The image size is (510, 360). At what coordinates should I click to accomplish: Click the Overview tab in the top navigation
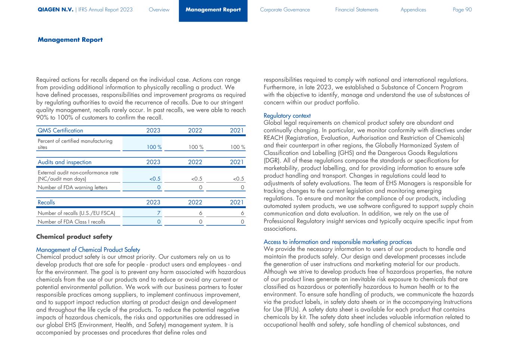pos(159,10)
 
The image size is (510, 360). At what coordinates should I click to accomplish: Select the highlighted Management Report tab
pos(213,10)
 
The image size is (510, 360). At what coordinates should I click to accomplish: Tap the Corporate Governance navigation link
pos(285,10)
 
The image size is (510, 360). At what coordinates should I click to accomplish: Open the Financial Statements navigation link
pos(356,10)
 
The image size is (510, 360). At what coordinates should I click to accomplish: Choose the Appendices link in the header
pos(413,10)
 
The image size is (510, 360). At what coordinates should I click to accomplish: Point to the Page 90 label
pos(462,10)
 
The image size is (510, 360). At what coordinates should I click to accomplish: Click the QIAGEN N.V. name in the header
pos(55,10)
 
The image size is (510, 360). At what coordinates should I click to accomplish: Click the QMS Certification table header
pos(60,130)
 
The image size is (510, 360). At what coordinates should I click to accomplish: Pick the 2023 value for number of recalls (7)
pos(159,213)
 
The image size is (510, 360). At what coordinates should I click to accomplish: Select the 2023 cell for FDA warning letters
pos(159,187)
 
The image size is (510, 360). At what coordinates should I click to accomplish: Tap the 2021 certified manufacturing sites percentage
pos(238,147)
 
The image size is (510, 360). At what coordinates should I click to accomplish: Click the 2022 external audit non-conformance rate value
pos(197,179)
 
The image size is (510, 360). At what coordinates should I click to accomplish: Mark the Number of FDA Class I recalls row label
pos(71,222)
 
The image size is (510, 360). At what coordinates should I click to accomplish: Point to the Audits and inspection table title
pos(64,162)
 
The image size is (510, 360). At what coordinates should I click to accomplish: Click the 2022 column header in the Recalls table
pos(195,202)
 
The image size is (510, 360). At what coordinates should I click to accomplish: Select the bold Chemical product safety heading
pos(74,237)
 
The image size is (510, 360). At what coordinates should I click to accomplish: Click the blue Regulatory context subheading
pos(287,116)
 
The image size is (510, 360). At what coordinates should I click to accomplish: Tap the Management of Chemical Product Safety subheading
pos(88,249)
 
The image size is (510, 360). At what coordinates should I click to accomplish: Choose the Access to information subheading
pos(338,242)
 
